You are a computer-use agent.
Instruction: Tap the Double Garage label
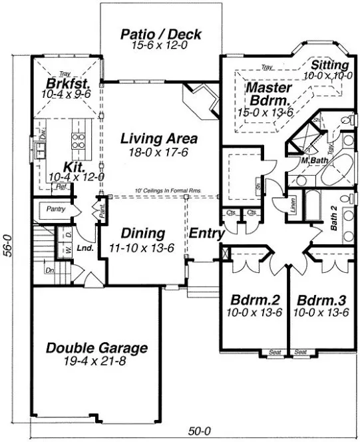pos(96,348)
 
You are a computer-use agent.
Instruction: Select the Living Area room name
pos(158,139)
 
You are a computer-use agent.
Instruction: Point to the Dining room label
pos(142,234)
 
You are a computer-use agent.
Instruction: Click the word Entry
pos(206,234)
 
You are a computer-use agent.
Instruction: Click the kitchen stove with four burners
pos(78,140)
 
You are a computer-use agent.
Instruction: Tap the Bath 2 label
pos(335,219)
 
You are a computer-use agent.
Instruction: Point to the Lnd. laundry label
pos(84,248)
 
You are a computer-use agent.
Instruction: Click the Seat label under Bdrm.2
pos(275,351)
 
